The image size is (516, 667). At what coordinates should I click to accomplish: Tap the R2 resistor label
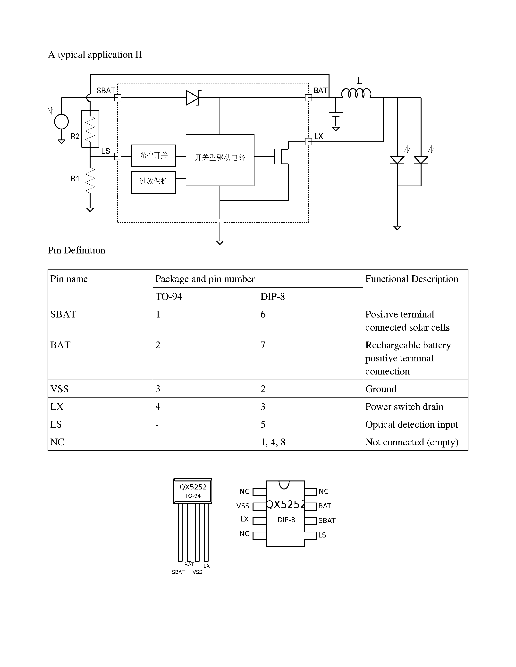point(75,136)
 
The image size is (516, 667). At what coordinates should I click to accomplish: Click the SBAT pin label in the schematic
point(105,90)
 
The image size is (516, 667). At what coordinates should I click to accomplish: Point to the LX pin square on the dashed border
point(308,142)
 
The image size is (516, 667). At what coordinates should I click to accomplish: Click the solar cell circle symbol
point(61,122)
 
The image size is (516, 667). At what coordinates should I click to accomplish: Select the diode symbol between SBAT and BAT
point(193,98)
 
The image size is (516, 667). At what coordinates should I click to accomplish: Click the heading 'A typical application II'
point(95,55)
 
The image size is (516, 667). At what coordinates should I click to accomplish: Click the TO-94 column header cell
point(205,296)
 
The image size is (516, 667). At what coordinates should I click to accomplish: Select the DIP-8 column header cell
point(310,296)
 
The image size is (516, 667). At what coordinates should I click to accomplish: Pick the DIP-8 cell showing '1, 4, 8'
point(310,442)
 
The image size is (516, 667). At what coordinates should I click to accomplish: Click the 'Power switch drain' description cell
point(415,407)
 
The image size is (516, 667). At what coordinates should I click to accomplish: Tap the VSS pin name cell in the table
point(100,389)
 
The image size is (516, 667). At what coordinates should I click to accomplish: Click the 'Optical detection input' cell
point(415,424)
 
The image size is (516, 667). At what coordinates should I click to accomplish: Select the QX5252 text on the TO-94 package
point(193,487)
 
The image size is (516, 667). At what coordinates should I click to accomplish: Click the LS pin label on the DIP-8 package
point(322,535)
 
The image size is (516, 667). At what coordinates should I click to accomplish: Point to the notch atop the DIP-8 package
point(284,485)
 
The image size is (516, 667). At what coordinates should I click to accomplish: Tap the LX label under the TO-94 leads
point(207,566)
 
